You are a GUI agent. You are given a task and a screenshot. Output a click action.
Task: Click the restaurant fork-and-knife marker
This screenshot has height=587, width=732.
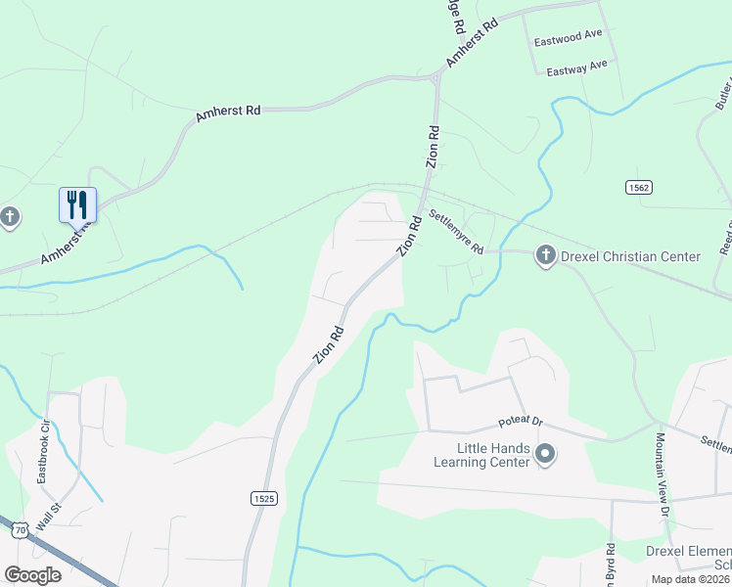77,204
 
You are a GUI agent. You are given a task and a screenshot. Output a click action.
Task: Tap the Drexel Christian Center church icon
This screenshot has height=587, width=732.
545,256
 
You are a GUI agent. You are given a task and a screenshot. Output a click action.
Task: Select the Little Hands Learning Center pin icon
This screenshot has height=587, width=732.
545,455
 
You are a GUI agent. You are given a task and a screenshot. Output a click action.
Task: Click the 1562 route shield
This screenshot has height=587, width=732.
639,186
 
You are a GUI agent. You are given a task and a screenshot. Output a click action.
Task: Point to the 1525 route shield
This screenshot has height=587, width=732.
263,498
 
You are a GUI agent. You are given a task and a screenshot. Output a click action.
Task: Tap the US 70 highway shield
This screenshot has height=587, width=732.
20,529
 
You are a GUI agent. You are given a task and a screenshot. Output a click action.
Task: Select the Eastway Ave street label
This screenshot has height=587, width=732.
576,68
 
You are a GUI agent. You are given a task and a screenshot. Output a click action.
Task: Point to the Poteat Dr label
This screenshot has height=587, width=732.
520,421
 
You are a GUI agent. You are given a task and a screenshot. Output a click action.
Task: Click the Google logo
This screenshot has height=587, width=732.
32,575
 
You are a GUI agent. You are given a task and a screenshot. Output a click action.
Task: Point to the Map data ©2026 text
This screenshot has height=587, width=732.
690,579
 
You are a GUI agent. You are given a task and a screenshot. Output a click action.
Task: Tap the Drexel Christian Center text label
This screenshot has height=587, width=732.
630,256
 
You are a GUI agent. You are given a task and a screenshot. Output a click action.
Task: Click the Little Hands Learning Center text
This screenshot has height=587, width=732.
483,455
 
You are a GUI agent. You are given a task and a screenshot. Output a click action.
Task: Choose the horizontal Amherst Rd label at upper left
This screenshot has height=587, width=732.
227,113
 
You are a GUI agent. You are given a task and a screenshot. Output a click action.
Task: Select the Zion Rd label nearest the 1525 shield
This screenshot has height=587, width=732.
329,345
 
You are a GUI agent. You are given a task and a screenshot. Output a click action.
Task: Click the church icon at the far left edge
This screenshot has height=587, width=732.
9,216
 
